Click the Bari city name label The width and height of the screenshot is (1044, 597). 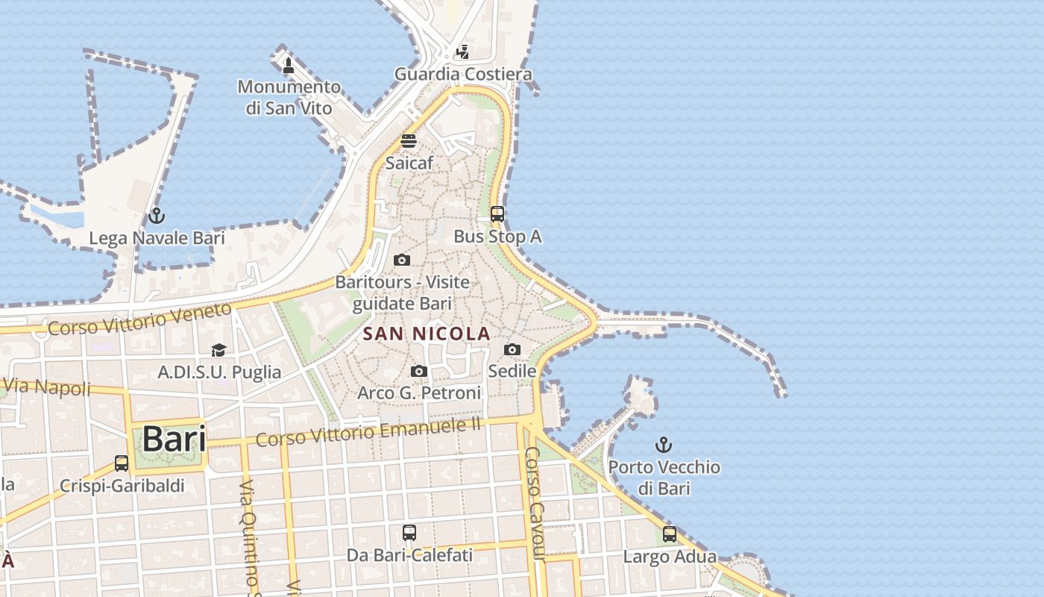point(174,439)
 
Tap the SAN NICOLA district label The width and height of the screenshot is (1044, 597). point(427,334)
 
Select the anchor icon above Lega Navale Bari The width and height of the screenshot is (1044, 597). point(156,216)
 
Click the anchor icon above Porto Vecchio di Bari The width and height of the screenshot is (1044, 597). point(663,446)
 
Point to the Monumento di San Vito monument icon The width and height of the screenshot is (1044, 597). point(289,66)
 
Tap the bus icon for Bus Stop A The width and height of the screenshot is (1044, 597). point(497,214)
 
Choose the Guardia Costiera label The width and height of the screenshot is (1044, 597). point(463,74)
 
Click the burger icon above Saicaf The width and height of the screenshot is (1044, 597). point(408,140)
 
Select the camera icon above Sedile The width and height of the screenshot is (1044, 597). point(512,349)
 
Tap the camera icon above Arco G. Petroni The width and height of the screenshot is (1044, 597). point(419,371)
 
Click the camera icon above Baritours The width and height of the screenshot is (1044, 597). point(402,260)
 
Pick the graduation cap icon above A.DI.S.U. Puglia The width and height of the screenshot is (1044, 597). point(218,350)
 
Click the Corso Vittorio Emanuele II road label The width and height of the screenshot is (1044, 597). point(368,431)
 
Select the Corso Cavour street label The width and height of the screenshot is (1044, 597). point(535,503)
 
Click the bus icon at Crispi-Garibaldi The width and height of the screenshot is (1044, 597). point(122,463)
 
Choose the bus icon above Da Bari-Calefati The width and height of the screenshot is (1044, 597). point(409,533)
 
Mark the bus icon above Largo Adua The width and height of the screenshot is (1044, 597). point(670,534)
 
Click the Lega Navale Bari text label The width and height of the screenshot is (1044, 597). point(157,238)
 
